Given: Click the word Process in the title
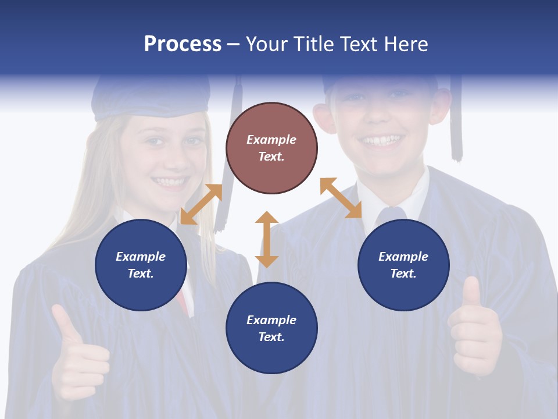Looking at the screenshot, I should pyautogui.click(x=183, y=44).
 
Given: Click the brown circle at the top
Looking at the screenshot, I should pyautogui.click(x=271, y=148).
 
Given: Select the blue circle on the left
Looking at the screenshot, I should pyautogui.click(x=141, y=265).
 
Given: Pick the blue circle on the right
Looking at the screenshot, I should pyautogui.click(x=403, y=265).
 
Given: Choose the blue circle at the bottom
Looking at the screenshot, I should pyautogui.click(x=271, y=328).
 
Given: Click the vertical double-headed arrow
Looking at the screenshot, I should pyautogui.click(x=267, y=239).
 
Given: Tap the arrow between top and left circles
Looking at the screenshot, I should pyautogui.click(x=201, y=204).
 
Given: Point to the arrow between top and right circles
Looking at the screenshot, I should pyautogui.click(x=341, y=198).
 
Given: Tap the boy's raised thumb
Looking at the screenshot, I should pyautogui.click(x=471, y=294).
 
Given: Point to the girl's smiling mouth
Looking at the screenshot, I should pyautogui.click(x=170, y=182).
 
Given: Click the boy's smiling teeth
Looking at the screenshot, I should pyautogui.click(x=381, y=140).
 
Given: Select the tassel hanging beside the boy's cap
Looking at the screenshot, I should pyautogui.click(x=456, y=122).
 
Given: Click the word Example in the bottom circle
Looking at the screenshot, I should pyautogui.click(x=271, y=319).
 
